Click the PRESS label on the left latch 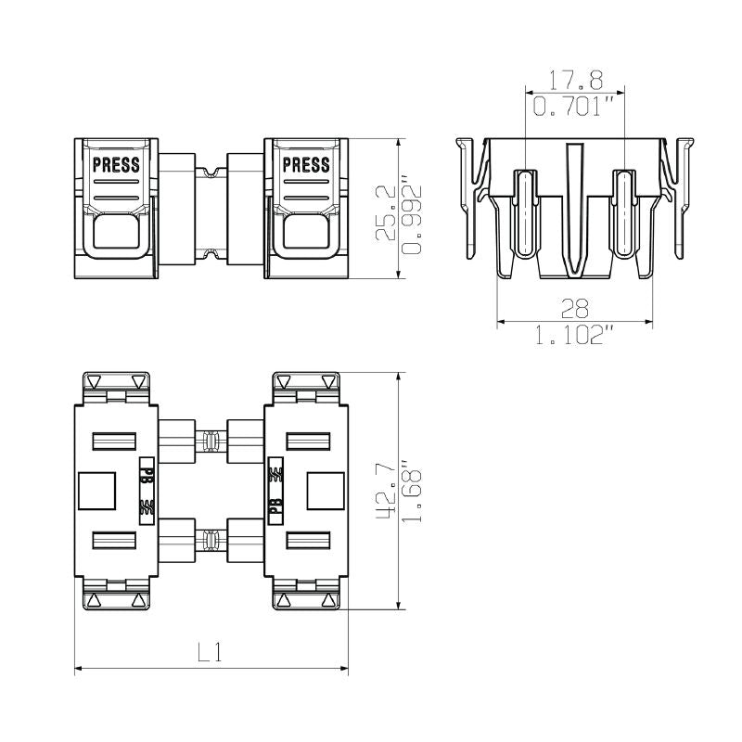tap(116, 166)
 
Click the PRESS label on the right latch tap(305, 166)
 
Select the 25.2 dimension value tap(386, 213)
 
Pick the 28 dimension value tap(575, 308)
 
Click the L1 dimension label tap(211, 652)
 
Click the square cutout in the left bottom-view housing tap(96, 491)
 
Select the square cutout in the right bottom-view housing tap(325, 491)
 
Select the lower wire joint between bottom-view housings tap(211, 542)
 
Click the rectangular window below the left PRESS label tap(116, 232)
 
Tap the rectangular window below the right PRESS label tap(305, 232)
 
